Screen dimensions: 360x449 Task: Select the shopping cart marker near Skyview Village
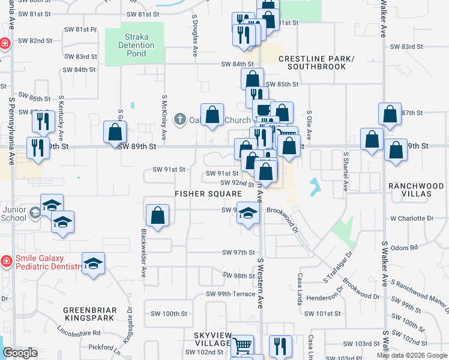(x=242, y=345)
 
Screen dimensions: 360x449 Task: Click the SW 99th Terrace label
(x=231, y=294)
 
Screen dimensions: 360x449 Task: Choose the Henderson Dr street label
(x=324, y=297)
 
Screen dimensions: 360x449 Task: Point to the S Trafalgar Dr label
(x=336, y=269)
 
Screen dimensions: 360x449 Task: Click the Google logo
(x=20, y=353)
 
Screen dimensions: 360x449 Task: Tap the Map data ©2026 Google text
(x=411, y=355)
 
